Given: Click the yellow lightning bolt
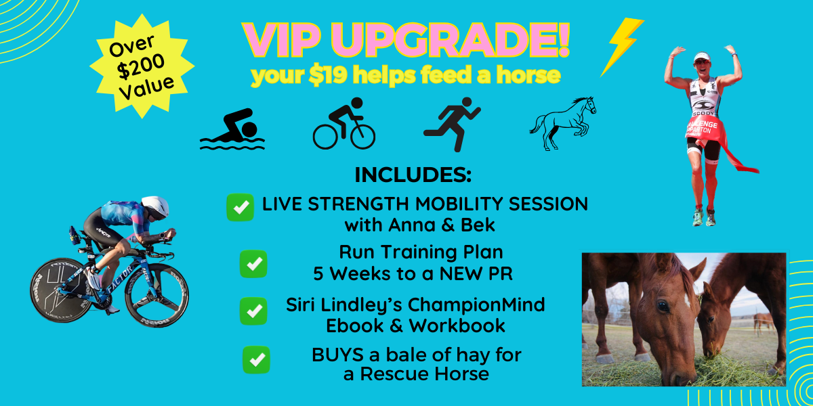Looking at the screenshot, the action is click(x=621, y=45).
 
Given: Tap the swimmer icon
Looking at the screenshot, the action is click(x=232, y=129).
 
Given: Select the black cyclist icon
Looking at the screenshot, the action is click(x=344, y=123).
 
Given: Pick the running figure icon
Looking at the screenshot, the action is click(x=453, y=124).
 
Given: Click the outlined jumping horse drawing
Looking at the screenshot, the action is click(x=562, y=123).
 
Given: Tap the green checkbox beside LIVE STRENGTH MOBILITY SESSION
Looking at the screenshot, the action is click(x=241, y=207).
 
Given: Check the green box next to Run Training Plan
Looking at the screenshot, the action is click(x=253, y=264).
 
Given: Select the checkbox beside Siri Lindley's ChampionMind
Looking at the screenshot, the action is click(x=253, y=311).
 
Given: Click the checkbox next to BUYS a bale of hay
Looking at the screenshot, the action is click(x=256, y=359).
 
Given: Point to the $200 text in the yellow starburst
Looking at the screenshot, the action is click(x=142, y=67).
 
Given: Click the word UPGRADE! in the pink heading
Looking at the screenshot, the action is click(x=450, y=40).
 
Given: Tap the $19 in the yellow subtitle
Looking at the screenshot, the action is click(x=328, y=75).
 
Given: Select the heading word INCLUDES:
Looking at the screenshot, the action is click(x=413, y=175).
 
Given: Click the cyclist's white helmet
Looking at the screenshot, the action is click(x=155, y=206).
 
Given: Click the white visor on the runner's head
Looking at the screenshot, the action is click(x=701, y=57).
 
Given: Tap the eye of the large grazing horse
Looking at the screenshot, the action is click(x=663, y=307).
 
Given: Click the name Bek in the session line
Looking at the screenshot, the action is click(x=478, y=225).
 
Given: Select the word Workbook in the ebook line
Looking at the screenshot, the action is click(x=457, y=325).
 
